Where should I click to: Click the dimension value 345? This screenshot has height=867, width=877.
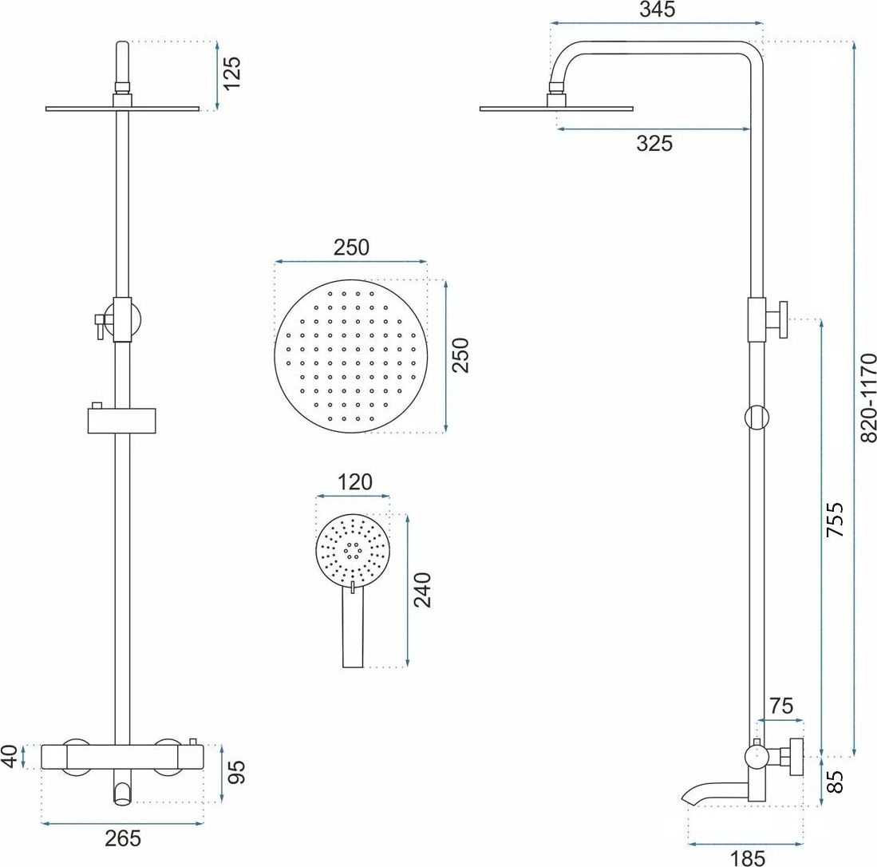(x=658, y=10)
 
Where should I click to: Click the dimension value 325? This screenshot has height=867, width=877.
(x=654, y=144)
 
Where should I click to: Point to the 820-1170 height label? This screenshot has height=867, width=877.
(x=867, y=398)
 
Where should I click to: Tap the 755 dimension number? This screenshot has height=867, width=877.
(x=835, y=520)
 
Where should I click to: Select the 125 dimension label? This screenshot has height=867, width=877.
(x=231, y=72)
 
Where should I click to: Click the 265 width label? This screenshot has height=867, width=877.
(x=123, y=838)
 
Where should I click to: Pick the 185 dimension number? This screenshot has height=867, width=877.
(x=747, y=858)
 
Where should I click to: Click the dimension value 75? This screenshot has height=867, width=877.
(x=780, y=707)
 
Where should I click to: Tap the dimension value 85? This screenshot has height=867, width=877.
(x=835, y=782)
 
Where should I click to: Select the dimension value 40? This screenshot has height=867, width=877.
(x=10, y=757)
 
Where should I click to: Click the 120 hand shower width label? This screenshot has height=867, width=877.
(x=355, y=482)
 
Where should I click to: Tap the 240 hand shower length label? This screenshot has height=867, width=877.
(x=421, y=590)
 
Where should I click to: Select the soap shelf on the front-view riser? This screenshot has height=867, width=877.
(x=122, y=421)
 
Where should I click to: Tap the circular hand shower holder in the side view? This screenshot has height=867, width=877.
(x=757, y=418)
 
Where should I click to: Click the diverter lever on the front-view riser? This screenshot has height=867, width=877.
(x=100, y=326)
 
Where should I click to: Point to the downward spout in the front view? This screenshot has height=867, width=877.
(x=122, y=787)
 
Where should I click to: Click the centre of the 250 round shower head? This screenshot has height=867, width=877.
(x=351, y=356)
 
